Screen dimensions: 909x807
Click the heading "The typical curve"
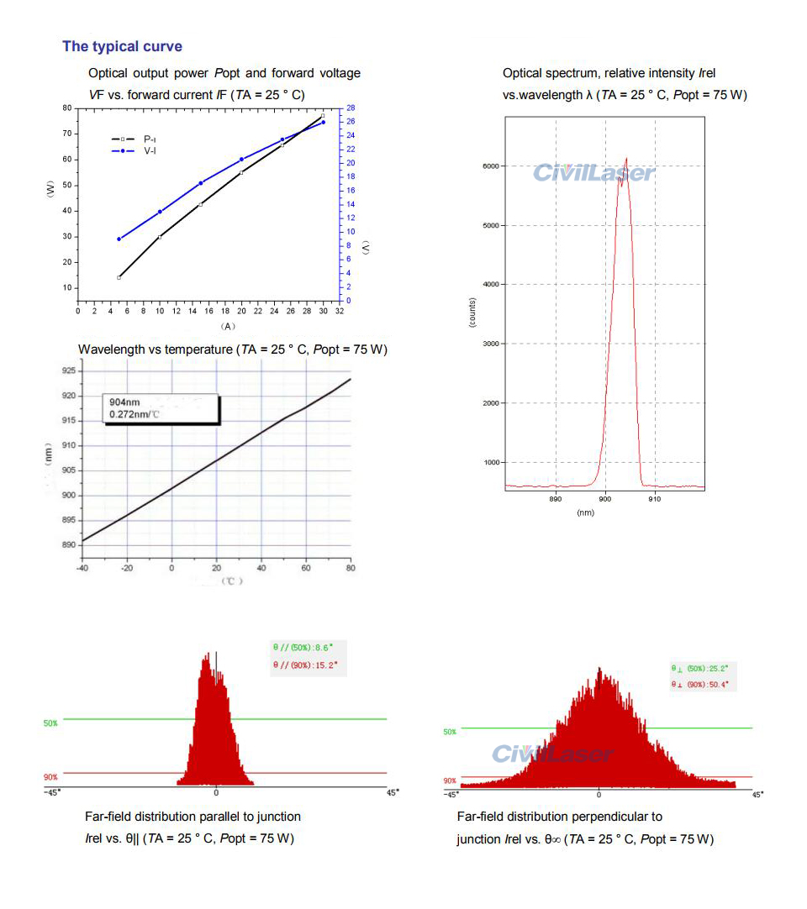[x=122, y=46]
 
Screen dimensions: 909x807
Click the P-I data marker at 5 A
[x=119, y=277]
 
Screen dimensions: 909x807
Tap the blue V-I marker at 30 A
[x=323, y=122]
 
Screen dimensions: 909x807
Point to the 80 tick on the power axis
[x=66, y=108]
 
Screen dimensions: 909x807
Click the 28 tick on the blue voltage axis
[x=350, y=108]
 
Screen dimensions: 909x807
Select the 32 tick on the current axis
[x=339, y=312]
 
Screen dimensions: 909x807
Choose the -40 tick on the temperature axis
[x=82, y=569]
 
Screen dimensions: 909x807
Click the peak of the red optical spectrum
[x=626, y=159]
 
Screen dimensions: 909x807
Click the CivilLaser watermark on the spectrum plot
[x=593, y=173]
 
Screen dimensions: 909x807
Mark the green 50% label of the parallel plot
[x=51, y=722]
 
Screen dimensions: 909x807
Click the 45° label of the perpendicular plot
[x=757, y=795]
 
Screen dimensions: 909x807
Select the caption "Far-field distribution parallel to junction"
[x=193, y=817]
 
